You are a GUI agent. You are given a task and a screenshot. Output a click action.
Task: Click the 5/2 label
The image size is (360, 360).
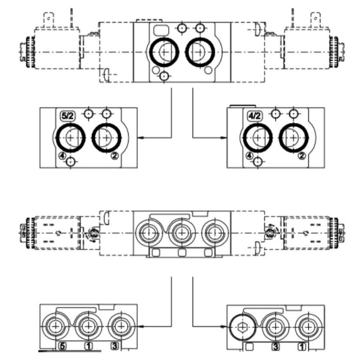(67, 116)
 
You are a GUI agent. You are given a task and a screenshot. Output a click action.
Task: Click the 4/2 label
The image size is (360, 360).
(255, 116)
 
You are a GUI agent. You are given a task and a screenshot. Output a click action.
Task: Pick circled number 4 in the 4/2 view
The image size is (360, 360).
(249, 156)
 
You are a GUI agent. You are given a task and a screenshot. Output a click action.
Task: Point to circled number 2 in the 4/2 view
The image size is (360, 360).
(301, 156)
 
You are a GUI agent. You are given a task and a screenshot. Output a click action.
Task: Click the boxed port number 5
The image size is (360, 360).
(63, 346)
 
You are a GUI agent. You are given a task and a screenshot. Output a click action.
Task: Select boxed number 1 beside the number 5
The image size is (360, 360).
(89, 346)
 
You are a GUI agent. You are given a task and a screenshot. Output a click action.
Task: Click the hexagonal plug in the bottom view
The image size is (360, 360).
(243, 325)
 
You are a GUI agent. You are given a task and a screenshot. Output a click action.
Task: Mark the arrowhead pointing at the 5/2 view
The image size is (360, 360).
(139, 138)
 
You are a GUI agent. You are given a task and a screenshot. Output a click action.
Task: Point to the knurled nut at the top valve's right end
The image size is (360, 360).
(333, 51)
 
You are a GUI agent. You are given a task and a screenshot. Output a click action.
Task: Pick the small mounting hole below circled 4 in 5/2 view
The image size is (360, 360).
(69, 163)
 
